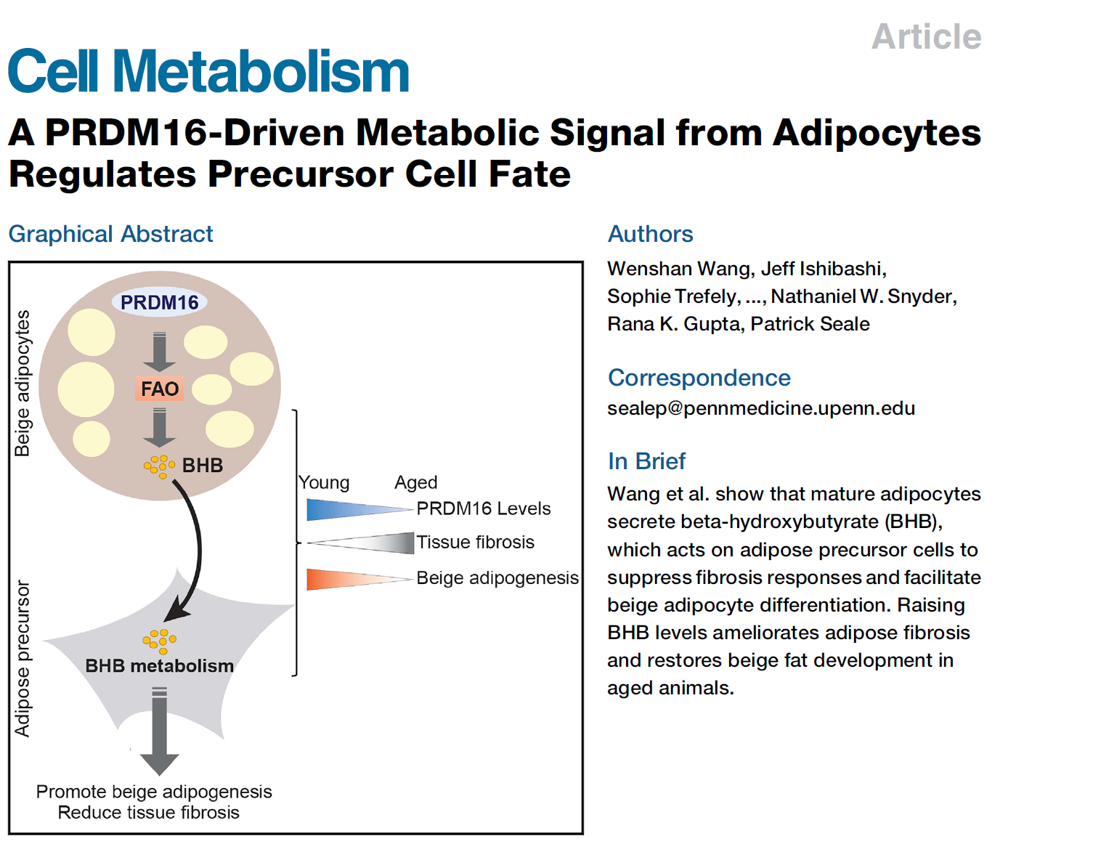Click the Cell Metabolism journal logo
pyautogui.click(x=208, y=70)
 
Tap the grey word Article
pyautogui.click(x=926, y=36)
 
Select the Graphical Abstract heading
pyautogui.click(x=110, y=234)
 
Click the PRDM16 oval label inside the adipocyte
pyautogui.click(x=160, y=302)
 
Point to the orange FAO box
pyautogui.click(x=160, y=389)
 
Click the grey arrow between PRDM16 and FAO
pyautogui.click(x=160, y=352)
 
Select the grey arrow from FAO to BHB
pyautogui.click(x=160, y=427)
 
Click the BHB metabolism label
pyautogui.click(x=160, y=665)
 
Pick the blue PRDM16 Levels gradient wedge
pyautogui.click(x=359, y=510)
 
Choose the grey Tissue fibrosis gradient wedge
pyautogui.click(x=361, y=543)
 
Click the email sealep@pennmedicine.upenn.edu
pyautogui.click(x=761, y=408)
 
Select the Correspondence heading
pyautogui.click(x=699, y=378)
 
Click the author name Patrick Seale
pyautogui.click(x=810, y=324)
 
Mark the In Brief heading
pyautogui.click(x=646, y=461)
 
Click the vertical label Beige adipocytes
pyautogui.click(x=23, y=383)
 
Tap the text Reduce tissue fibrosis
pyautogui.click(x=148, y=813)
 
